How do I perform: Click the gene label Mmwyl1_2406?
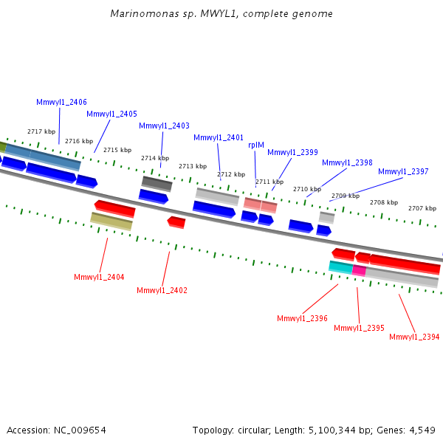point(61,102)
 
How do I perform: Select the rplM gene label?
point(256,145)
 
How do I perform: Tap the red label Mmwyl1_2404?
point(99,277)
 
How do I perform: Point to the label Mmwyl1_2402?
point(162,290)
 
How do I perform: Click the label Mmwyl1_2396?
point(302,318)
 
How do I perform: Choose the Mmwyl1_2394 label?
point(414,337)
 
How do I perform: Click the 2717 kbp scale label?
point(41,131)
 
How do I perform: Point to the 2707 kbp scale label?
point(422,208)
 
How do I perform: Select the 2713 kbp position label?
point(193,166)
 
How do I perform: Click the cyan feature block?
point(340,267)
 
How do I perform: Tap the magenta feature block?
point(359,270)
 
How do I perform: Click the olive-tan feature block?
point(111,221)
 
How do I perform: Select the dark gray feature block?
point(157,184)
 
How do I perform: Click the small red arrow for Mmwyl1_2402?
point(176,222)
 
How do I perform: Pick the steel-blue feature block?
point(43,157)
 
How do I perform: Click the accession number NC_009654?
point(80,430)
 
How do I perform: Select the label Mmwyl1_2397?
point(403,171)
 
